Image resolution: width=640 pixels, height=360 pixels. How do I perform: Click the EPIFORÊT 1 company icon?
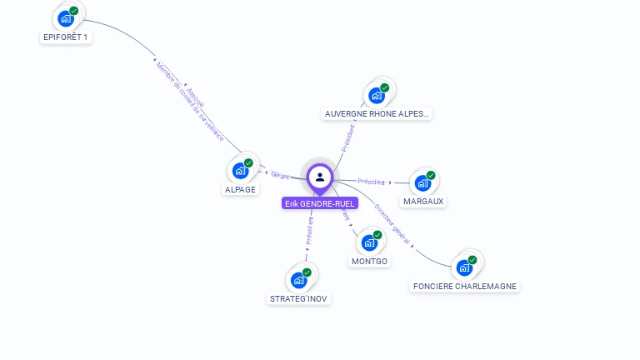point(66,18)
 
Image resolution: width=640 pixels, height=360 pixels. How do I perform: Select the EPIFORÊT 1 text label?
point(65,37)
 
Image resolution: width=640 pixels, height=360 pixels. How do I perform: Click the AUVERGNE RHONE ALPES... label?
point(377,114)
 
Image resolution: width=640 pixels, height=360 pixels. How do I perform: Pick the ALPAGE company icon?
point(241,171)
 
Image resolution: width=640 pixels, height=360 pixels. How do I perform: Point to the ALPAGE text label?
point(240,189)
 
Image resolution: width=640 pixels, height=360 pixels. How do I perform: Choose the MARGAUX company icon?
point(423,182)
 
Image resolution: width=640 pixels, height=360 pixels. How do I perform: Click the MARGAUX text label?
point(423,201)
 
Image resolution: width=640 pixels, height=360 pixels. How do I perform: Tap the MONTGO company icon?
point(369,242)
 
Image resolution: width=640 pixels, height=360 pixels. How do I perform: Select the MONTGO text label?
point(369,261)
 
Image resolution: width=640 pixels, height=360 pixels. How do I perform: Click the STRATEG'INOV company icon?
point(299,280)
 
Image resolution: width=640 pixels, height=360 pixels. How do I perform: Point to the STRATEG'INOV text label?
point(299,298)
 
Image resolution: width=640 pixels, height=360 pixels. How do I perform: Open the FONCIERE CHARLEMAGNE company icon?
point(465,267)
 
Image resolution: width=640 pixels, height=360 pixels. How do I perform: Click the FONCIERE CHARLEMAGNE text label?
point(465,286)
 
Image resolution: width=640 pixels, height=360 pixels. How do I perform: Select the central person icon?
point(319,177)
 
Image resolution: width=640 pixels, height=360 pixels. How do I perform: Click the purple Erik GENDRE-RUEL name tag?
point(319,203)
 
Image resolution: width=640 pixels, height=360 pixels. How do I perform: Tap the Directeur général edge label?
point(392,222)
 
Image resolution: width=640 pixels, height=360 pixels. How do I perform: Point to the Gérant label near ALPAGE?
point(280,175)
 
